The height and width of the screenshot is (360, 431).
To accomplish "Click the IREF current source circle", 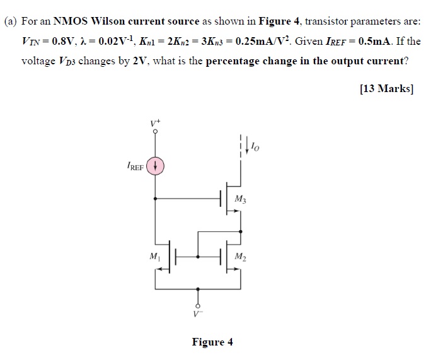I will tap(157, 168).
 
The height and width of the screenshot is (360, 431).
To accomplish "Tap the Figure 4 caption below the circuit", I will tap(212, 342).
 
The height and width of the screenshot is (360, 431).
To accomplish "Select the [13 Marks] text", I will tap(386, 89).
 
